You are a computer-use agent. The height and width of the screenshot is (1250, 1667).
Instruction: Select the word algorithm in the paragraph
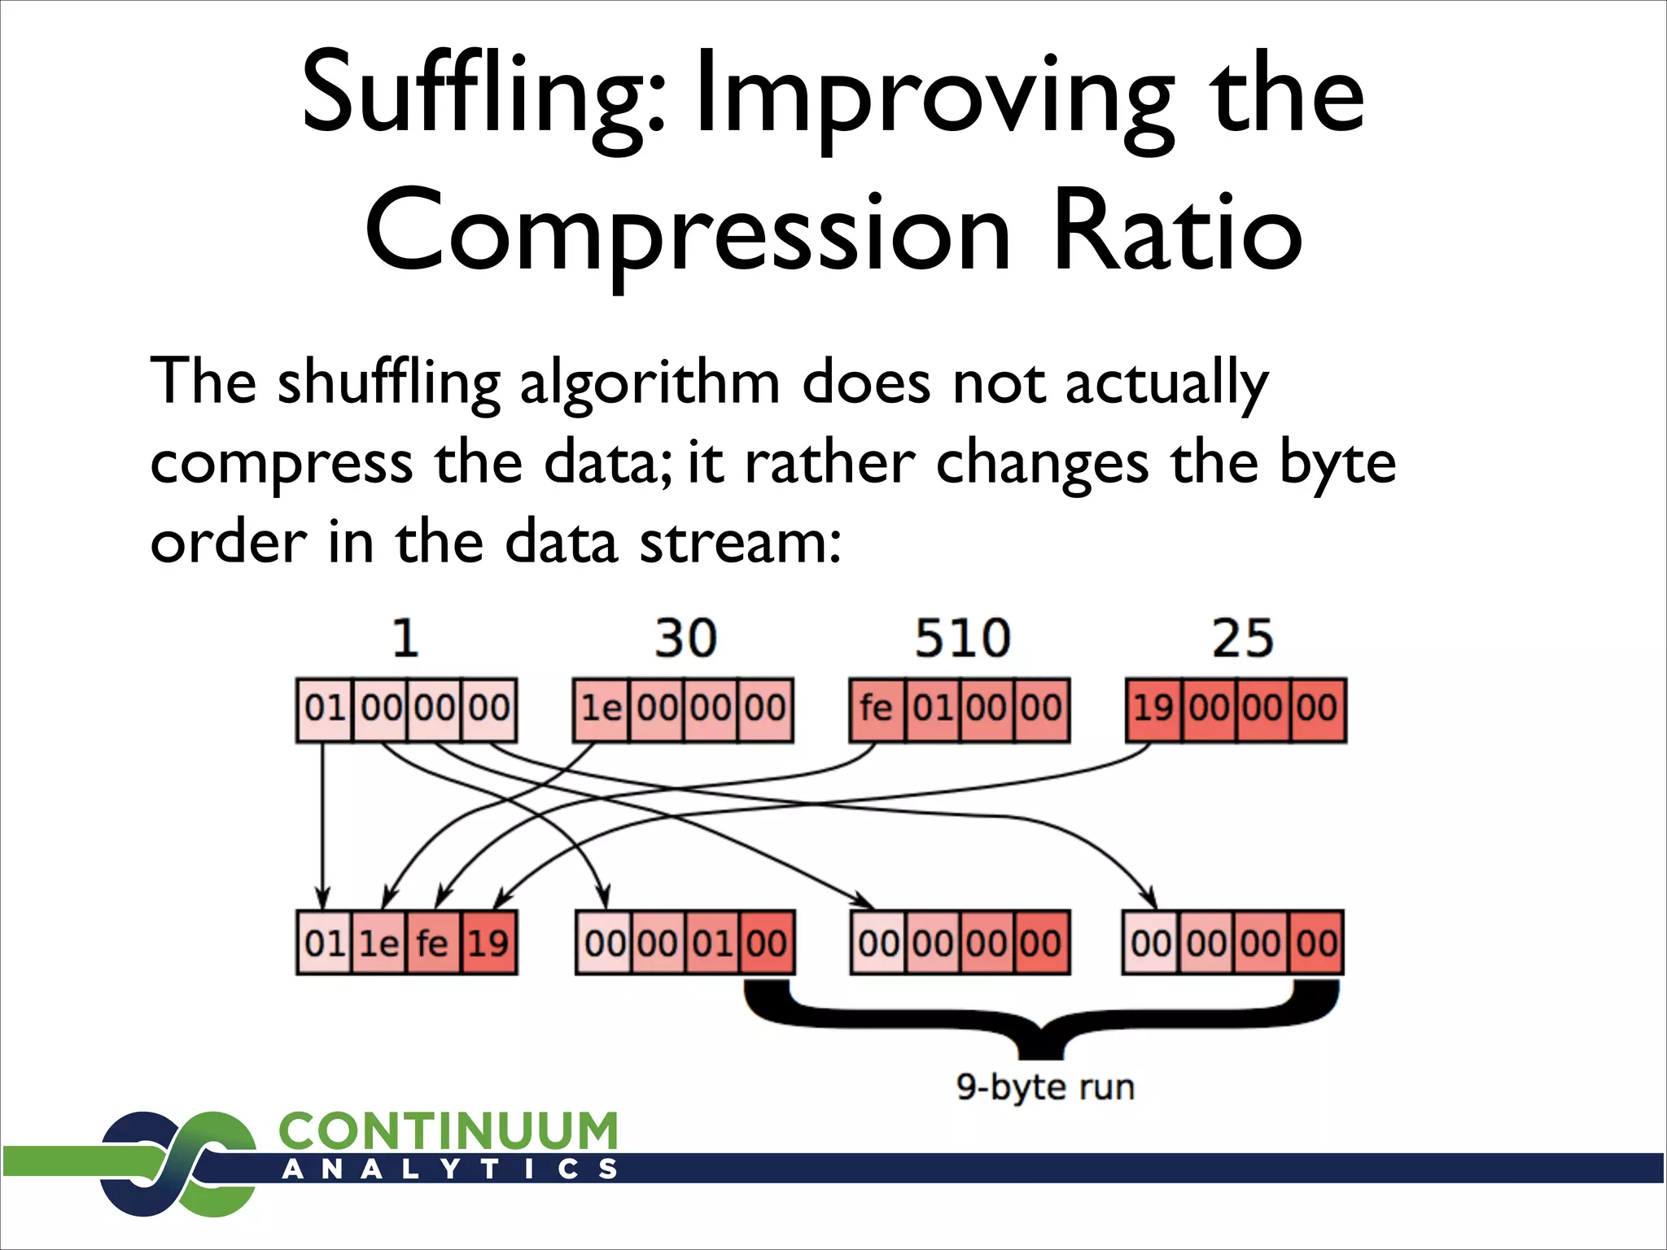tap(650, 382)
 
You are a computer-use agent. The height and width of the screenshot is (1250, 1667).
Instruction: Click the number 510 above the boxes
tap(962, 638)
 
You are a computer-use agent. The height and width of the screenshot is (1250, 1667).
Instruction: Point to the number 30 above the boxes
tap(685, 638)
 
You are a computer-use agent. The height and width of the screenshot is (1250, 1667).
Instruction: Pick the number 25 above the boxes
tap(1242, 638)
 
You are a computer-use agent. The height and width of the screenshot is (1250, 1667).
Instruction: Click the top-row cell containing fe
tap(876, 709)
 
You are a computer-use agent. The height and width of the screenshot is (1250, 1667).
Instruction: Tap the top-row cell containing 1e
tap(600, 709)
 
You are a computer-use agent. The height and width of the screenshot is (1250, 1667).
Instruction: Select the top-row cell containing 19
tap(1153, 709)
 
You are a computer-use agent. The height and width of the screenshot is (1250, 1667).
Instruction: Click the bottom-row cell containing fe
tap(432, 943)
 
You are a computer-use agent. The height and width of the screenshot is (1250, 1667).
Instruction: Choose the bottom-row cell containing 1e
tap(378, 943)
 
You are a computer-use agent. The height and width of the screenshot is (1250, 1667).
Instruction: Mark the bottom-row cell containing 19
tap(488, 943)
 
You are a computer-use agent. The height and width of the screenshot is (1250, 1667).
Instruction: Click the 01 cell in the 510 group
tap(933, 709)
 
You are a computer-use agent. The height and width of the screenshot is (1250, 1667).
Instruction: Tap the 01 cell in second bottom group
tap(713, 943)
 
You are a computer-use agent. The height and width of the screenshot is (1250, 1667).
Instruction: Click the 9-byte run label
tap(1045, 1087)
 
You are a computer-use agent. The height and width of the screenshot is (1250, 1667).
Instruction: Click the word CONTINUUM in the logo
tap(448, 1132)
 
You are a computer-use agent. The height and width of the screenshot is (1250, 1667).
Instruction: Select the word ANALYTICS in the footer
tap(449, 1170)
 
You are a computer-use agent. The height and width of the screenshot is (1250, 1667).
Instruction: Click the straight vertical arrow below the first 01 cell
tap(322, 822)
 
